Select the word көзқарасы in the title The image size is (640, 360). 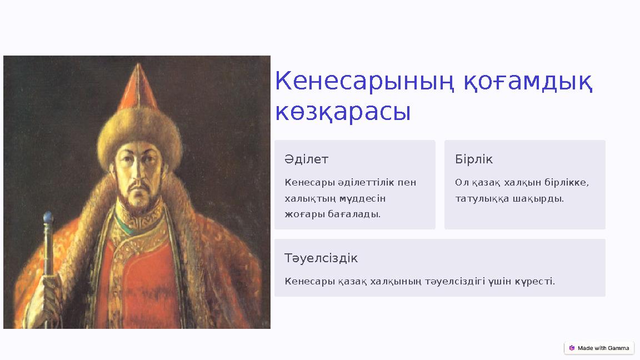coord(343,112)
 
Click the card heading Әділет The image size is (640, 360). coord(307,159)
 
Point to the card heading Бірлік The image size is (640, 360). coord(474,159)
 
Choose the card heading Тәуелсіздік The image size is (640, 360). coord(321,258)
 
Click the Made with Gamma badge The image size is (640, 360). coord(599,348)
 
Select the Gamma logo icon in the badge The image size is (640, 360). coord(572,348)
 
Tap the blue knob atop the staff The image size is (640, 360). coord(48,218)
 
